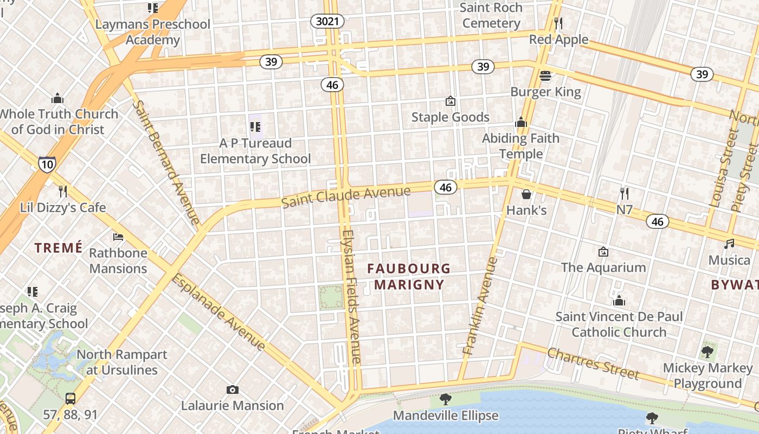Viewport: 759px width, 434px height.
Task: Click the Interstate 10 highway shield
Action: [x=47, y=164]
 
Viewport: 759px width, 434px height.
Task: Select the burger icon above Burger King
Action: [x=545, y=75]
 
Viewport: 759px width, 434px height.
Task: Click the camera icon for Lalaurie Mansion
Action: [x=233, y=390]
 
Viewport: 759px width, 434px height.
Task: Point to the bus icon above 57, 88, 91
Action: [x=70, y=399]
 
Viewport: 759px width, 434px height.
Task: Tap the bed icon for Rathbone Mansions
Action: [x=118, y=237]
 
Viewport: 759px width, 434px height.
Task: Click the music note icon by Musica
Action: [x=729, y=244]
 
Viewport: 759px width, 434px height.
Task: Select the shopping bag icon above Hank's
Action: [x=526, y=194]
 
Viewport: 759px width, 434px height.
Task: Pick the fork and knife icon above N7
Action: [x=625, y=193]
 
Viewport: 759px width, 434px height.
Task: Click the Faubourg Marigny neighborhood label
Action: [x=409, y=276]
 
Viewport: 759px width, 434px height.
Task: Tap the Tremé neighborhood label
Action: [x=59, y=248]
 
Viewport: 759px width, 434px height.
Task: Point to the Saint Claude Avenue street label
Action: [x=346, y=196]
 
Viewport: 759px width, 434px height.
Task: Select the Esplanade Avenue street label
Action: [x=219, y=312]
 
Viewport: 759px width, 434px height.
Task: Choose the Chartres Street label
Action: [x=593, y=363]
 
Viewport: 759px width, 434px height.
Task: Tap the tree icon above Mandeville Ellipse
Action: [x=445, y=400]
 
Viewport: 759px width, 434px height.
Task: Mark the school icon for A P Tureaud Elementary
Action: [x=255, y=127]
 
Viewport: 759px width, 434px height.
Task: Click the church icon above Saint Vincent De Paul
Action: [x=619, y=301]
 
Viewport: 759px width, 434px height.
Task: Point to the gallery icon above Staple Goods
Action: [x=450, y=101]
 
